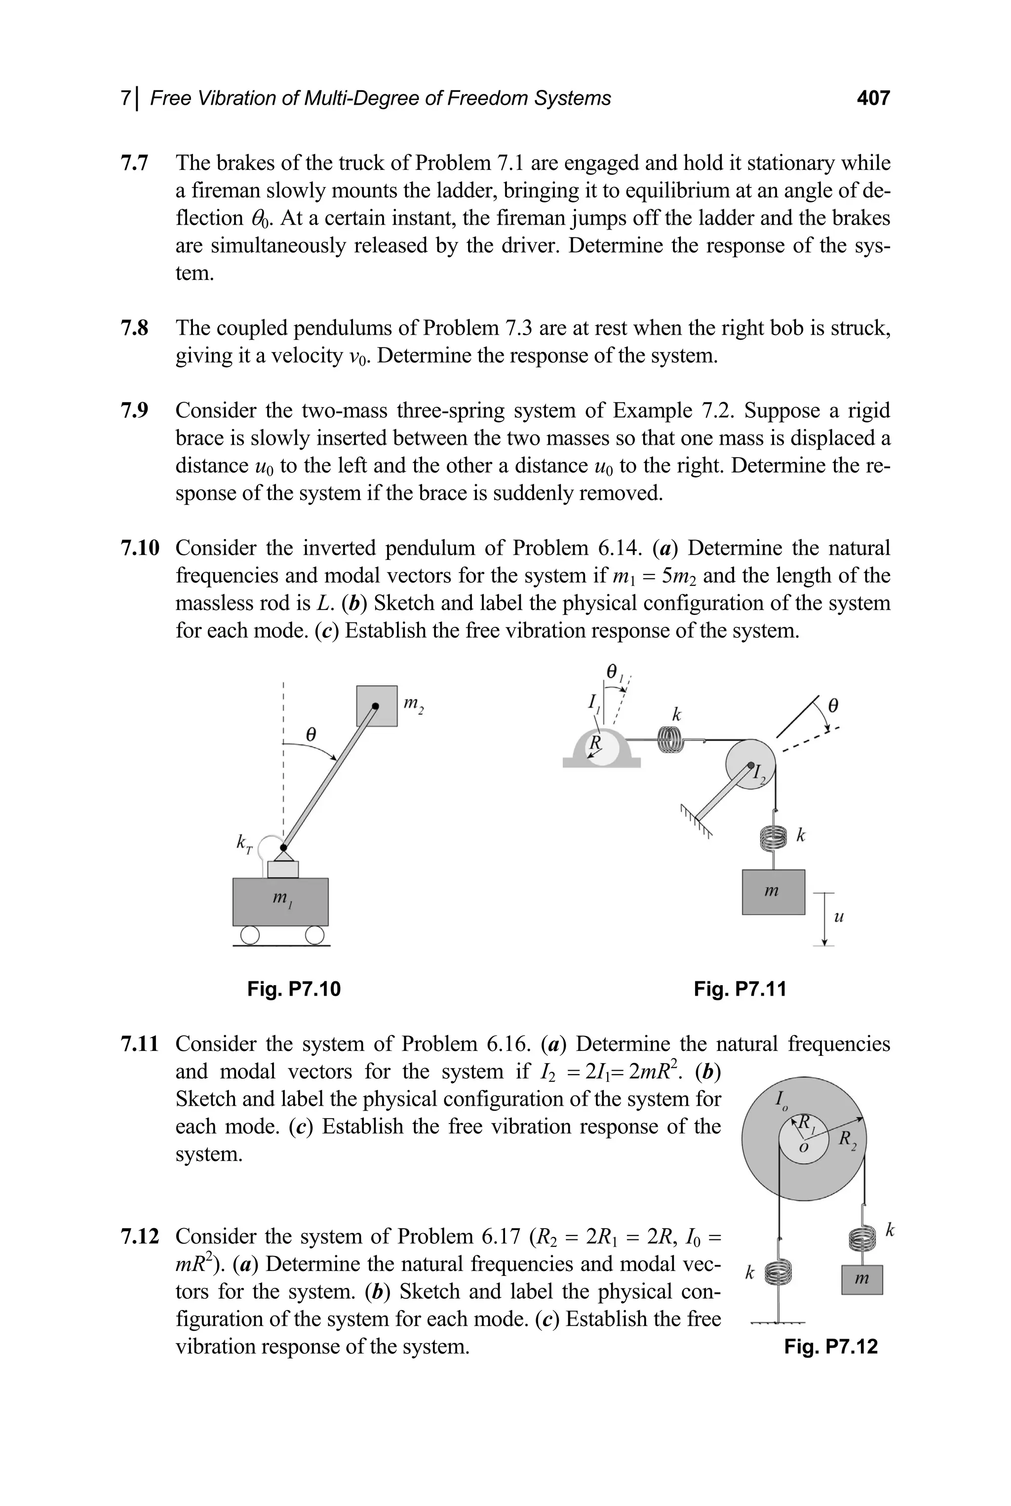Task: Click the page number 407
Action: point(873,98)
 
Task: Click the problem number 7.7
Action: point(134,163)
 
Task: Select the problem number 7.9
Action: point(134,411)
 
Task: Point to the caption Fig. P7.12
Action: point(830,1347)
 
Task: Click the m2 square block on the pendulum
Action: point(377,706)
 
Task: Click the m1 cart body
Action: point(280,901)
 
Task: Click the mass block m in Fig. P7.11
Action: point(773,891)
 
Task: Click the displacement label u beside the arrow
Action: point(838,917)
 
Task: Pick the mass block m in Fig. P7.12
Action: point(861,1279)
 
